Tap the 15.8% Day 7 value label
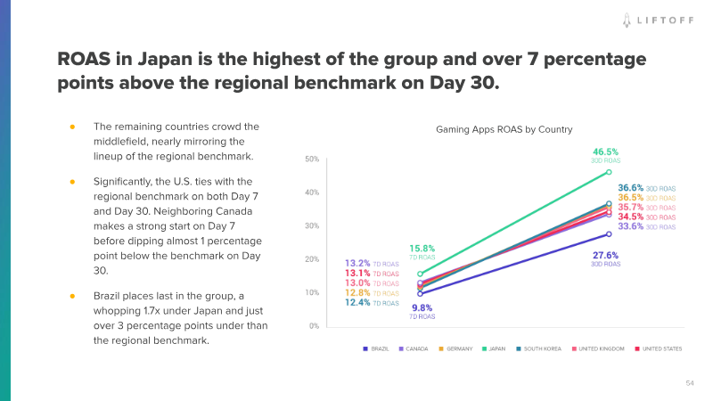pos(422,249)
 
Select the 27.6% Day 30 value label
pos(605,255)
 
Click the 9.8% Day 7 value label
pos(422,307)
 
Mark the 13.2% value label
pos(357,264)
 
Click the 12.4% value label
pos(357,303)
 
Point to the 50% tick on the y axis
pos(312,160)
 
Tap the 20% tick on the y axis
pos(312,259)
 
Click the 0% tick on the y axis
pos(314,326)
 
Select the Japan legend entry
pos(496,348)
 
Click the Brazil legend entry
pos(379,348)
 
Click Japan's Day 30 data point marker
pos(608,172)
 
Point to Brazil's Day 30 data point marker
pos(608,234)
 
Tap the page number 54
pos(689,382)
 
